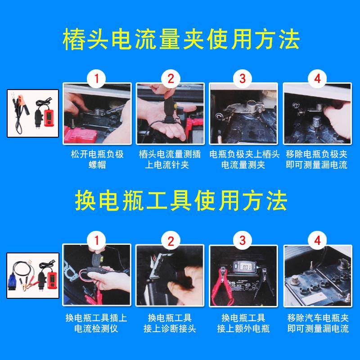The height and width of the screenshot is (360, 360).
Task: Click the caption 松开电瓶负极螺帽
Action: click(x=97, y=159)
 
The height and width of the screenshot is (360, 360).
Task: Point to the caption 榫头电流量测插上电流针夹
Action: click(x=170, y=159)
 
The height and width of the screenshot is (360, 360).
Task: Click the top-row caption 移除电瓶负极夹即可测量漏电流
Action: click(x=317, y=159)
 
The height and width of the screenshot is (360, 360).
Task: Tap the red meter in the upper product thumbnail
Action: click(x=47, y=116)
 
